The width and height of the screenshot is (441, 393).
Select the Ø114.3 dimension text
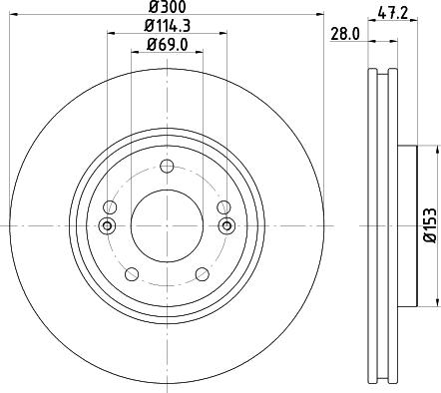(166, 26)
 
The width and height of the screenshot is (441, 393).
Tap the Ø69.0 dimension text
(166, 45)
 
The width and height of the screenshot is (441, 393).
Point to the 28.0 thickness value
(345, 33)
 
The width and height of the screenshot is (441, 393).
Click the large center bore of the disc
(167, 225)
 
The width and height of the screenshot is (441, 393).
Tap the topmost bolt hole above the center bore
(167, 166)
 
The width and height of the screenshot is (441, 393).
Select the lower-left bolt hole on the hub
(130, 274)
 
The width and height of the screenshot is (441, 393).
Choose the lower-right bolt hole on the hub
(203, 274)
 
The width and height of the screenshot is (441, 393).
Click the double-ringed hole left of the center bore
(108, 225)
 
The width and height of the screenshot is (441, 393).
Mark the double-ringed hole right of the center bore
(225, 225)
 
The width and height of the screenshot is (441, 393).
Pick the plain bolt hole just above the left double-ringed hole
(110, 207)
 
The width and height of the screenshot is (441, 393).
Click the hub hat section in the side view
(406, 225)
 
